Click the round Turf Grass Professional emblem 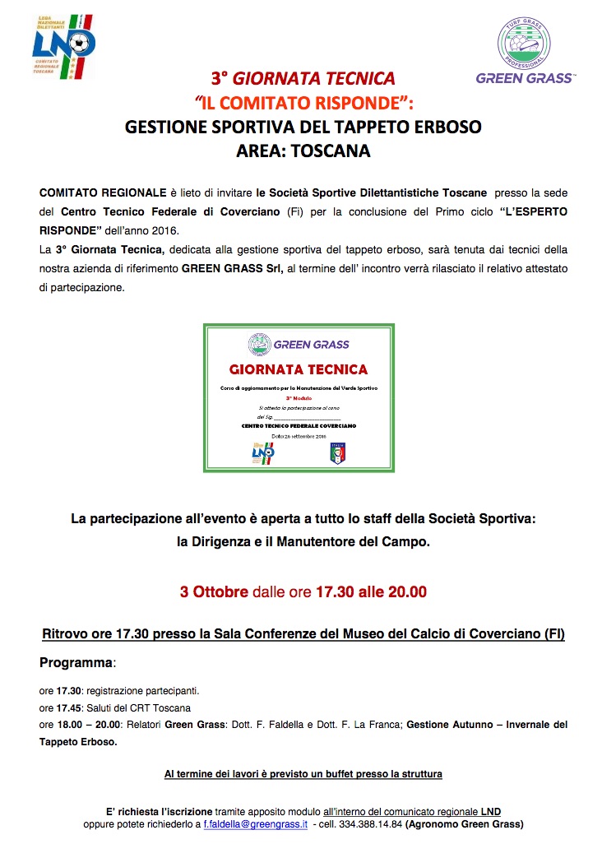coord(525,42)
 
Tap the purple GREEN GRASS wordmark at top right coord(525,79)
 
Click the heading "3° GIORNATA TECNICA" coord(303,79)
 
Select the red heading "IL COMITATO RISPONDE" coord(302,103)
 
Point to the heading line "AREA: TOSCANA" coord(303,151)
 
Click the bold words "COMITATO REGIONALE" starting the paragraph coord(103,192)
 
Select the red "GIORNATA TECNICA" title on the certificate coord(299,369)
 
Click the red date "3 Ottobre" coord(212,591)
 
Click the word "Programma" coord(75,662)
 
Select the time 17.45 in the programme coord(70,708)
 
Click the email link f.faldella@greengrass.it coord(256,823)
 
